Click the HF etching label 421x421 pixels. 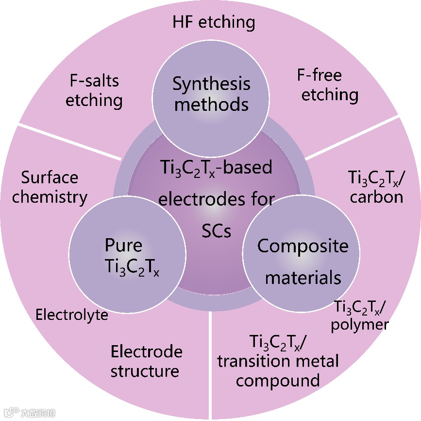point(214,22)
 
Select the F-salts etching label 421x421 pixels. point(94,91)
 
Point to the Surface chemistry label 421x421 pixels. point(50,187)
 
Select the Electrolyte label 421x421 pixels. point(72,315)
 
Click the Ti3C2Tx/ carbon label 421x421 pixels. point(377,187)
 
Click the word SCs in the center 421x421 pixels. point(216,231)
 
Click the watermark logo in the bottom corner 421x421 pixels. point(29,413)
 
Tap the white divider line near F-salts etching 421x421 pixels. point(68,141)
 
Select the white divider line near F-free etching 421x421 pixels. point(354,137)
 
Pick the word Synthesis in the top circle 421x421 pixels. point(211,84)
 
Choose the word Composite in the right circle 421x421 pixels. point(303,246)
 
